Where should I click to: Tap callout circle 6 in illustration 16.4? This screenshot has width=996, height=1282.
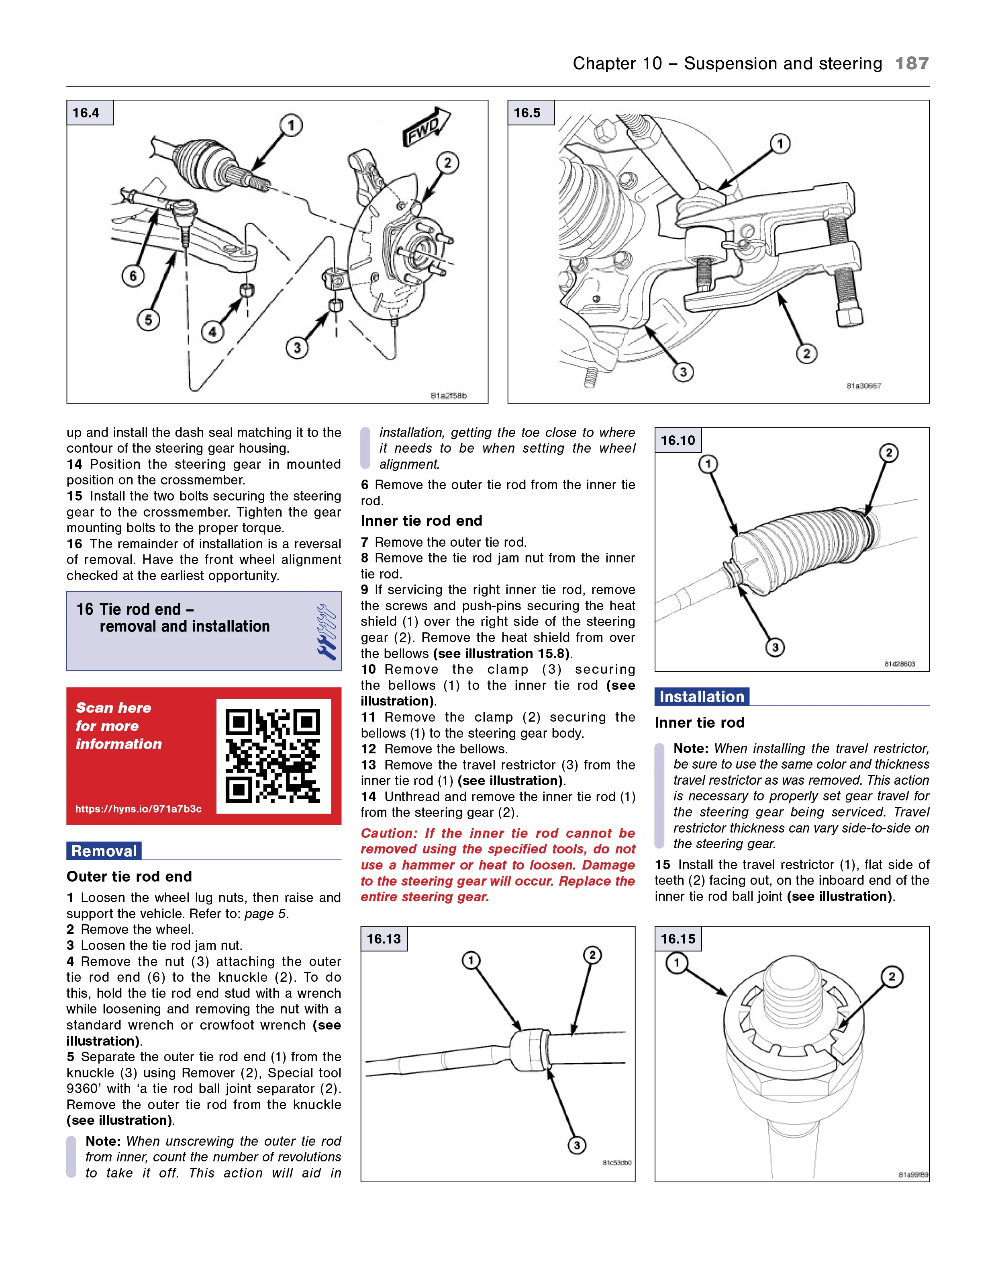tap(133, 276)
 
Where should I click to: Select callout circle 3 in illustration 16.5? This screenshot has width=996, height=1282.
tap(683, 372)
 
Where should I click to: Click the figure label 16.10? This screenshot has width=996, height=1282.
tap(678, 440)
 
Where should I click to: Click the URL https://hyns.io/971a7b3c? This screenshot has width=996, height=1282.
tap(139, 809)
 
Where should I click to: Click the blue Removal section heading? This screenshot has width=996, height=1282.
tap(104, 851)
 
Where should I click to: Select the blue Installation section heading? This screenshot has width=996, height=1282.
tap(702, 697)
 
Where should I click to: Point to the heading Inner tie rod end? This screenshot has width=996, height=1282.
tap(421, 521)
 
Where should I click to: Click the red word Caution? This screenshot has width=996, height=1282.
tap(388, 833)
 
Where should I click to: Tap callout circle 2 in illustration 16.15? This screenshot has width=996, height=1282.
tap(892, 977)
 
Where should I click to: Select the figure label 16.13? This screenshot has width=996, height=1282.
tap(384, 939)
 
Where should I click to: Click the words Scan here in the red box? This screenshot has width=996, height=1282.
tap(113, 708)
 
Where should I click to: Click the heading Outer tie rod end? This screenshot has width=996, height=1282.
tap(129, 876)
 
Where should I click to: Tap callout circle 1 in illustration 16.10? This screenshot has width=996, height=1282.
tap(708, 464)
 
